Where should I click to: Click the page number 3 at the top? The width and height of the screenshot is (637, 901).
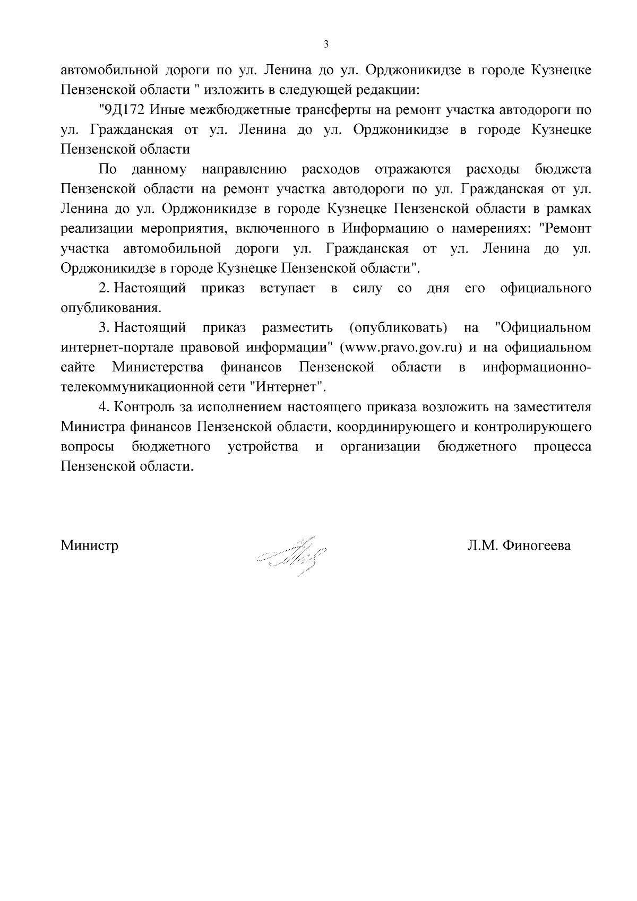[x=326, y=45]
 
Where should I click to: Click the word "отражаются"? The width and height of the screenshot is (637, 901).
[x=412, y=170]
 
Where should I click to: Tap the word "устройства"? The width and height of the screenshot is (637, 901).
[x=263, y=447]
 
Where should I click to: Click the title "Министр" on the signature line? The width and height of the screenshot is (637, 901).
[x=90, y=545]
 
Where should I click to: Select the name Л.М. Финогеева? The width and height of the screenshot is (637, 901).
[x=519, y=545]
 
